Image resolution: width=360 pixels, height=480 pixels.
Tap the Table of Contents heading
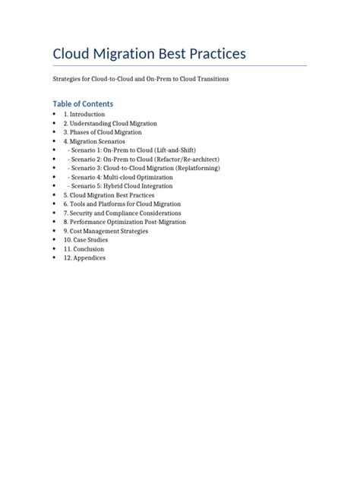point(83,103)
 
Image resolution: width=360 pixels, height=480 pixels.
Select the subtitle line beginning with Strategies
point(141,79)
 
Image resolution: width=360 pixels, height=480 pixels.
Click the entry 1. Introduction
point(84,114)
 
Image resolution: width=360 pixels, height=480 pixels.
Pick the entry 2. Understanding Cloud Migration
point(110,123)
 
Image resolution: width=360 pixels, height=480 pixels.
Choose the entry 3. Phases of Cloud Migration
point(103,132)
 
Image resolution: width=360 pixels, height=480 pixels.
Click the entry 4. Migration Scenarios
point(94,141)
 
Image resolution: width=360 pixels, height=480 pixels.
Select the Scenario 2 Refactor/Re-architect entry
point(144,159)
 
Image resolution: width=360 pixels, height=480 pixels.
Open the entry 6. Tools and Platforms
point(122,204)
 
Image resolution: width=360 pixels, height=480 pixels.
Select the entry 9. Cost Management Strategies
point(106,231)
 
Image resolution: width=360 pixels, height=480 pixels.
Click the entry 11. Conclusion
point(84,249)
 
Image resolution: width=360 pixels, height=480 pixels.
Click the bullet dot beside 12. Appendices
point(55,258)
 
